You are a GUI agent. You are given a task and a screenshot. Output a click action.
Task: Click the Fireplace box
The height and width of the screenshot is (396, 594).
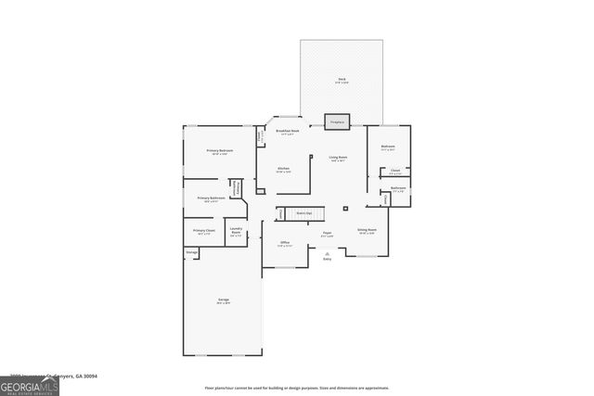[x=337, y=122]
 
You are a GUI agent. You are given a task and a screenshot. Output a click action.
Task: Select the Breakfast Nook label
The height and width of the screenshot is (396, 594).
[x=288, y=133]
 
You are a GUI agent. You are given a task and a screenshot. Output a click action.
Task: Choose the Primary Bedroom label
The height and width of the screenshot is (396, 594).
[x=219, y=151]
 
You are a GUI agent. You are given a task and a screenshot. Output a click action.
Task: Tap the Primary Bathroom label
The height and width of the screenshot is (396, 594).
[x=211, y=198]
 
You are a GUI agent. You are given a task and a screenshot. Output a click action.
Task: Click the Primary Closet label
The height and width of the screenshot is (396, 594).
[x=203, y=232]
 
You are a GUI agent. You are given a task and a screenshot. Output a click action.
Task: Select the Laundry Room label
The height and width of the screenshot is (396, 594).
[x=236, y=232]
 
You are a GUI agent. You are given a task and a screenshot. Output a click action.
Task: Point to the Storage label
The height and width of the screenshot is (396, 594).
[x=192, y=252]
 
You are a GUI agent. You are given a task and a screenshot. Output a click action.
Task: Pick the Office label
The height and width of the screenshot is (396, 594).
[x=285, y=244]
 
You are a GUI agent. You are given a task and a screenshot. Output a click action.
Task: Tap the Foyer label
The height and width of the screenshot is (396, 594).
[x=327, y=234]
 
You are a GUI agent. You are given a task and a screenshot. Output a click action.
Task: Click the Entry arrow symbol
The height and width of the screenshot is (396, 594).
[x=327, y=254]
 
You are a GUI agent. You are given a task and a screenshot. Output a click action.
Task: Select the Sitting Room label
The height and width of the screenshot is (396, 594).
[x=367, y=231]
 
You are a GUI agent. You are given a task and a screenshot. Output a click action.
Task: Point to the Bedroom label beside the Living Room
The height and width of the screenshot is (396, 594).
[x=388, y=147]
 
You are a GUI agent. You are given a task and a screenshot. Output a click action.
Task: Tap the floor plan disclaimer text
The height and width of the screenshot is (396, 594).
[x=296, y=388]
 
